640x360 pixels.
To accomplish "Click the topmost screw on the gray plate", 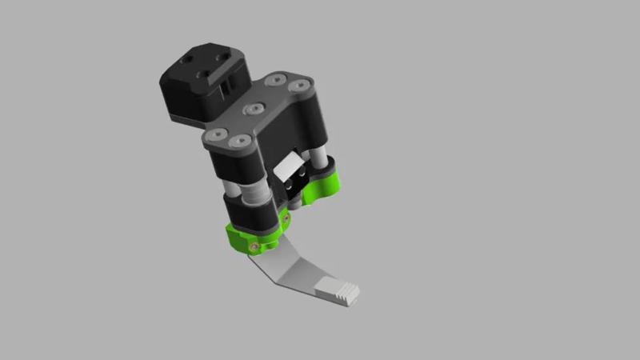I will click(x=276, y=78).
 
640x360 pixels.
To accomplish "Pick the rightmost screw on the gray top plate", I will click(x=302, y=84).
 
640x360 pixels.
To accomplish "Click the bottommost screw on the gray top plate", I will click(x=238, y=142).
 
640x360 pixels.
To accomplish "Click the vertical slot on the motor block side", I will click(x=229, y=83).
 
